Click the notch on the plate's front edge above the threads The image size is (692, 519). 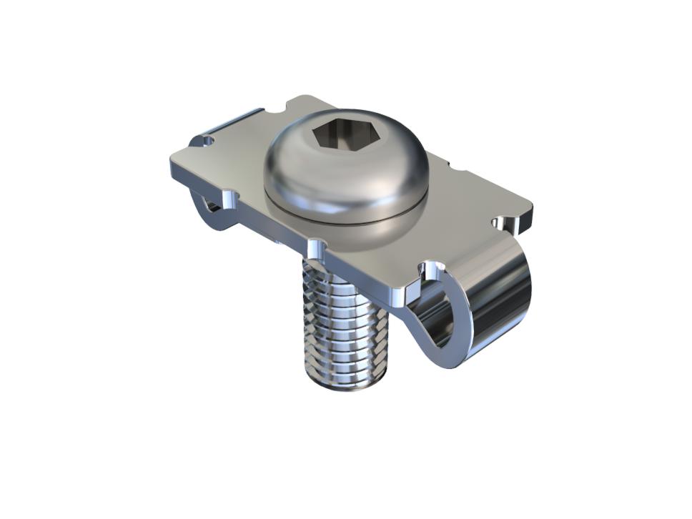point(315,247)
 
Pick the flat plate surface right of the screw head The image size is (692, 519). point(465,207)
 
